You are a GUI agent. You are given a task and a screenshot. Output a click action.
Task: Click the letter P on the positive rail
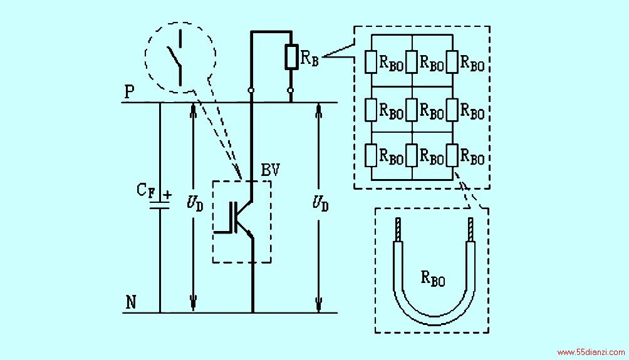pyautogui.click(x=129, y=92)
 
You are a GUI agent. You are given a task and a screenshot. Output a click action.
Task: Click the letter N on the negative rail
pyautogui.click(x=130, y=302)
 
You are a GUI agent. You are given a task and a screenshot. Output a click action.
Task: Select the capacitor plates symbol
pyautogui.click(x=160, y=205)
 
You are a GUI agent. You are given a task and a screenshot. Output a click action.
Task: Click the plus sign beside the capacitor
pyautogui.click(x=167, y=195)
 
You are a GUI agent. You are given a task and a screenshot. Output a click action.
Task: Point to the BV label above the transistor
pyautogui.click(x=270, y=170)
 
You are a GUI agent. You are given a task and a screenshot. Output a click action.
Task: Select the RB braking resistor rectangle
pyautogui.click(x=291, y=58)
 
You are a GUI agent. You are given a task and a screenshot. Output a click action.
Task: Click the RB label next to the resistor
pyautogui.click(x=309, y=58)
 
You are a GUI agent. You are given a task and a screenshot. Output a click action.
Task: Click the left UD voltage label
pyautogui.click(x=195, y=203)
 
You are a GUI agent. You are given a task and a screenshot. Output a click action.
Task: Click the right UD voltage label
pyautogui.click(x=321, y=203)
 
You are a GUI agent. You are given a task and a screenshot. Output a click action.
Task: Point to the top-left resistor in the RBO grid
pyautogui.click(x=371, y=62)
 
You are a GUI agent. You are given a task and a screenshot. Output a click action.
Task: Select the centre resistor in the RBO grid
pyautogui.click(x=412, y=110)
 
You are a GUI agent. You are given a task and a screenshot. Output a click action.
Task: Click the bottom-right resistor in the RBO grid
pyautogui.click(x=452, y=155)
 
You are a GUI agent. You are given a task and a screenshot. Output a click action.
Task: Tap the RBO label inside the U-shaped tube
pyautogui.click(x=433, y=278)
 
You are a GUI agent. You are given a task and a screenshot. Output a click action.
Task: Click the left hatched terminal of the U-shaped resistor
pyautogui.click(x=398, y=229)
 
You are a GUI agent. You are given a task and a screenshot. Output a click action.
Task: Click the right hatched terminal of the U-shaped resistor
pyautogui.click(x=470, y=229)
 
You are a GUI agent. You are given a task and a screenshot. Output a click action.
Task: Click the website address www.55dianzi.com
pyautogui.click(x=591, y=352)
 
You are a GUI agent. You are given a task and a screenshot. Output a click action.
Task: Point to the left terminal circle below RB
pyautogui.click(x=251, y=90)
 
